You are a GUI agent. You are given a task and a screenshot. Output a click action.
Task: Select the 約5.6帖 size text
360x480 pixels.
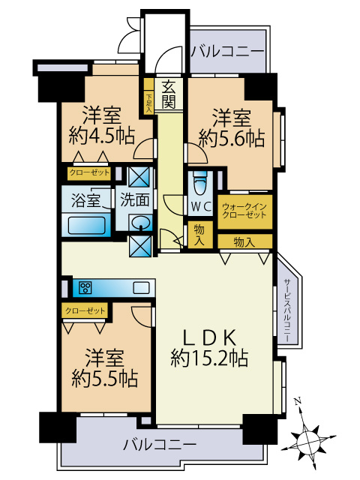coord(232,138)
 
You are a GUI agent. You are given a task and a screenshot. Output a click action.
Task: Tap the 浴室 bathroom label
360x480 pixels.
coord(85,200)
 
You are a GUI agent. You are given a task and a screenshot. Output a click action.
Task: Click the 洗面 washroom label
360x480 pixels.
coord(136,200)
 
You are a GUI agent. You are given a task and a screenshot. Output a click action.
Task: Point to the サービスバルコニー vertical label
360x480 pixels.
coord(288,312)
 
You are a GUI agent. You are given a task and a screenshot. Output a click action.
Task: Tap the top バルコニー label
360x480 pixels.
coord(227,52)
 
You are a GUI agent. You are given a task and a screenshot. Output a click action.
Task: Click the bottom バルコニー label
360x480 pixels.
coord(160,445)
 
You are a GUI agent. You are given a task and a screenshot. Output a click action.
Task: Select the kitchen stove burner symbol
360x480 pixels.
coord(85,287)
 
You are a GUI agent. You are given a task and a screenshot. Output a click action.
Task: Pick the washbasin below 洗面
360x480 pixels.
coord(139,223)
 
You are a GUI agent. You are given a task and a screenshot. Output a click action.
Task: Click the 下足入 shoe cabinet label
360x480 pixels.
coord(148,102)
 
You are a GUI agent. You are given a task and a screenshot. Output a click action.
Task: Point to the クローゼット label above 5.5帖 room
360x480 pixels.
coord(85,309)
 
